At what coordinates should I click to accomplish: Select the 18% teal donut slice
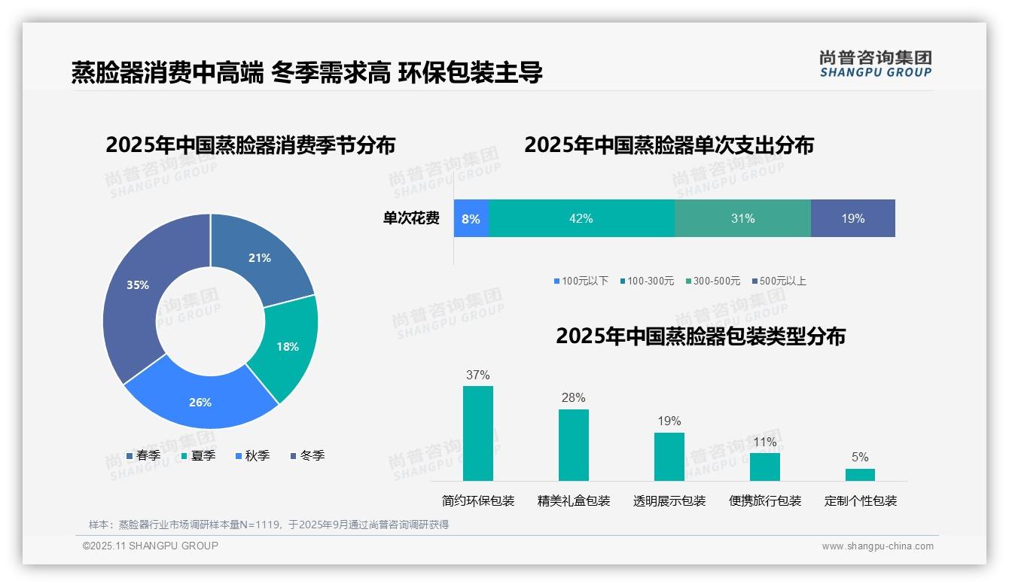pyautogui.click(x=287, y=347)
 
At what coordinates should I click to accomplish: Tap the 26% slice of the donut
pyautogui.click(x=200, y=401)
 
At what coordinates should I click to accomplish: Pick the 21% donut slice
pyautogui.click(x=260, y=257)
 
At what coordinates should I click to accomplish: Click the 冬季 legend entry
pyautogui.click(x=307, y=455)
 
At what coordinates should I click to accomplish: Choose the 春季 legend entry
pyautogui.click(x=143, y=455)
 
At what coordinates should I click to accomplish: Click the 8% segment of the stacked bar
pyautogui.click(x=471, y=219)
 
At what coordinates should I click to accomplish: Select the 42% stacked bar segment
pyautogui.click(x=581, y=219)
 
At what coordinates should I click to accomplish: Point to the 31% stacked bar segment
pyautogui.click(x=742, y=219)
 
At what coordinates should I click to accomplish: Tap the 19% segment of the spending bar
pyautogui.click(x=852, y=219)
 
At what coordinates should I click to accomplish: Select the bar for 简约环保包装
pyautogui.click(x=478, y=433)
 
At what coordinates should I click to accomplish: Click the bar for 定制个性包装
pyautogui.click(x=860, y=475)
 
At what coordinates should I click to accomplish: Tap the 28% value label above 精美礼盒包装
pyautogui.click(x=574, y=398)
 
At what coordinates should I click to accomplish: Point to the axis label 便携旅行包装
pyautogui.click(x=765, y=501)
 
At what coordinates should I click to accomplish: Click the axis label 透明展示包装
pyautogui.click(x=669, y=501)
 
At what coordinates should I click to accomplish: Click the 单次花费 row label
pyautogui.click(x=411, y=219)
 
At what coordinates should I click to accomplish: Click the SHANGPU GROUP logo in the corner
pyautogui.click(x=876, y=64)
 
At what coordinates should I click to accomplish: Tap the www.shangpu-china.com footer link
pyautogui.click(x=877, y=546)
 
